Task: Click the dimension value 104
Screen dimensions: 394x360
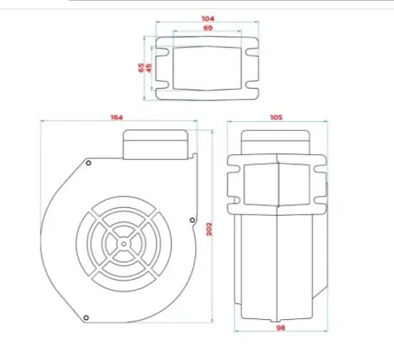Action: coord(208,19)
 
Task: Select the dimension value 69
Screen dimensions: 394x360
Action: coord(208,28)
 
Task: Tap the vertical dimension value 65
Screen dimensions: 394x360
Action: coord(141,67)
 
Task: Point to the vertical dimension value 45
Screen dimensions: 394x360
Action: coord(149,68)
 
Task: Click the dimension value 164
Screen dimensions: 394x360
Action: coord(117,117)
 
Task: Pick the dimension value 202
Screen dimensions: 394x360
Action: coord(209,229)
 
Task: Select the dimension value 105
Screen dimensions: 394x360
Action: coord(276,117)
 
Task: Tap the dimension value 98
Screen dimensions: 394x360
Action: coord(281,328)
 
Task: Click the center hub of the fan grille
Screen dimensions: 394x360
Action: coord(124,244)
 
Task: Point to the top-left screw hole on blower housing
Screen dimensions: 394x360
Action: coord(88,163)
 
